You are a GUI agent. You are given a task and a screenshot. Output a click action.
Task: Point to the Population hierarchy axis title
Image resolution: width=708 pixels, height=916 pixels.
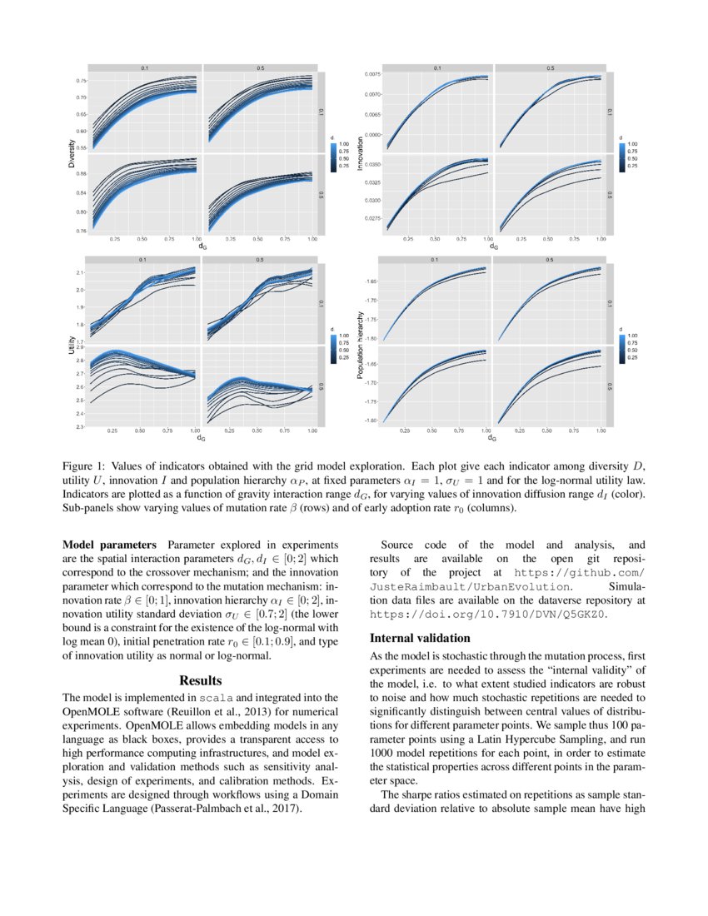(x=359, y=346)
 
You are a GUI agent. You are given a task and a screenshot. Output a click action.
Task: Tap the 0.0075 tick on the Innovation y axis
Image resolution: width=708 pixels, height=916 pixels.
(x=371, y=74)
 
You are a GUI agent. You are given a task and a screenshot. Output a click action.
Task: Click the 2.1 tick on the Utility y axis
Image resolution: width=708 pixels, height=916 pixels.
(x=80, y=273)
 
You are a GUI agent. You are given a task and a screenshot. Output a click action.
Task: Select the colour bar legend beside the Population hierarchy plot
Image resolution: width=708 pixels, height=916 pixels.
(x=623, y=348)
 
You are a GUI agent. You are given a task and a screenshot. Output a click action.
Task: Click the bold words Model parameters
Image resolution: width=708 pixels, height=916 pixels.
(x=108, y=545)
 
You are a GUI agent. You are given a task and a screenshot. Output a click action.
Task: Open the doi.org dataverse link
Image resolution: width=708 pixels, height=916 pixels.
(x=486, y=615)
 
